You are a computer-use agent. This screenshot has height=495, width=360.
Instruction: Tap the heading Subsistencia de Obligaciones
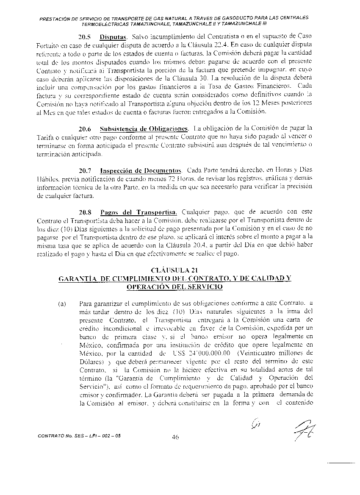[x=144, y=128]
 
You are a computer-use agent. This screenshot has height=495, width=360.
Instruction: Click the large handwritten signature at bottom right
[x=302, y=432]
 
